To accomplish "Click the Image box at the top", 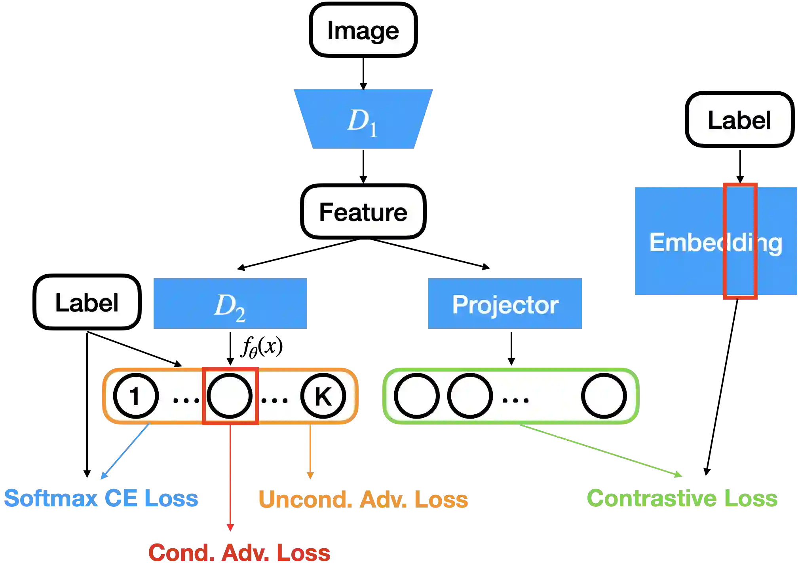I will pyautogui.click(x=363, y=30).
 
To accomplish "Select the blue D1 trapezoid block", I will pyautogui.click(x=363, y=119).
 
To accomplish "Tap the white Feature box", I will pyautogui.click(x=363, y=212).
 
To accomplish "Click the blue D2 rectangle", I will pyautogui.click(x=230, y=304).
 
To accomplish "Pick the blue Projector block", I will pyautogui.click(x=505, y=304).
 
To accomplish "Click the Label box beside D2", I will pyautogui.click(x=87, y=302).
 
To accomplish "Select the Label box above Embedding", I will pyautogui.click(x=739, y=119).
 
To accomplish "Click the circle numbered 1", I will pyautogui.click(x=136, y=396).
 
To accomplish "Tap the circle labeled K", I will pyautogui.click(x=323, y=396).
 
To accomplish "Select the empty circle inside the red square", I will pyautogui.click(x=230, y=396).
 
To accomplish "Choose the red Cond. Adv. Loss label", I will pyautogui.click(x=239, y=553).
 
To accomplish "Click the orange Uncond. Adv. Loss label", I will pyautogui.click(x=363, y=499).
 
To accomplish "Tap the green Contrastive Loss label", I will pyautogui.click(x=682, y=498).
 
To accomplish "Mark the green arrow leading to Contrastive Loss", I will pyautogui.click(x=602, y=450).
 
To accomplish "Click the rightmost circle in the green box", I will pyautogui.click(x=604, y=396).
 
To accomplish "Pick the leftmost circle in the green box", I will pyautogui.click(x=416, y=396).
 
